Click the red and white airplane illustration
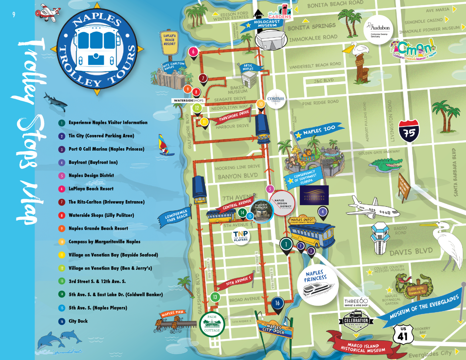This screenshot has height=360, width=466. pos(48,13)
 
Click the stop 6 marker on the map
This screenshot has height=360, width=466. pos(193,52)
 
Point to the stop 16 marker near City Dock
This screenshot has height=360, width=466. pos(277,303)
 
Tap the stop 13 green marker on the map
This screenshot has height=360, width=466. pos(215,297)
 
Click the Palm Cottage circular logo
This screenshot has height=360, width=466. pos(212,324)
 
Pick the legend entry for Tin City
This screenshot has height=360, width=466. pos(101,136)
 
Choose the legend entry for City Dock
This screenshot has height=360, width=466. pos(78,321)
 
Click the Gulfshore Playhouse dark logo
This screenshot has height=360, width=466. pos(314,195)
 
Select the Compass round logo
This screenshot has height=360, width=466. pos(276,99)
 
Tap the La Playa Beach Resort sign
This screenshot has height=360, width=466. pos(169,42)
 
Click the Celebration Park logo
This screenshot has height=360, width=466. pos(356,322)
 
